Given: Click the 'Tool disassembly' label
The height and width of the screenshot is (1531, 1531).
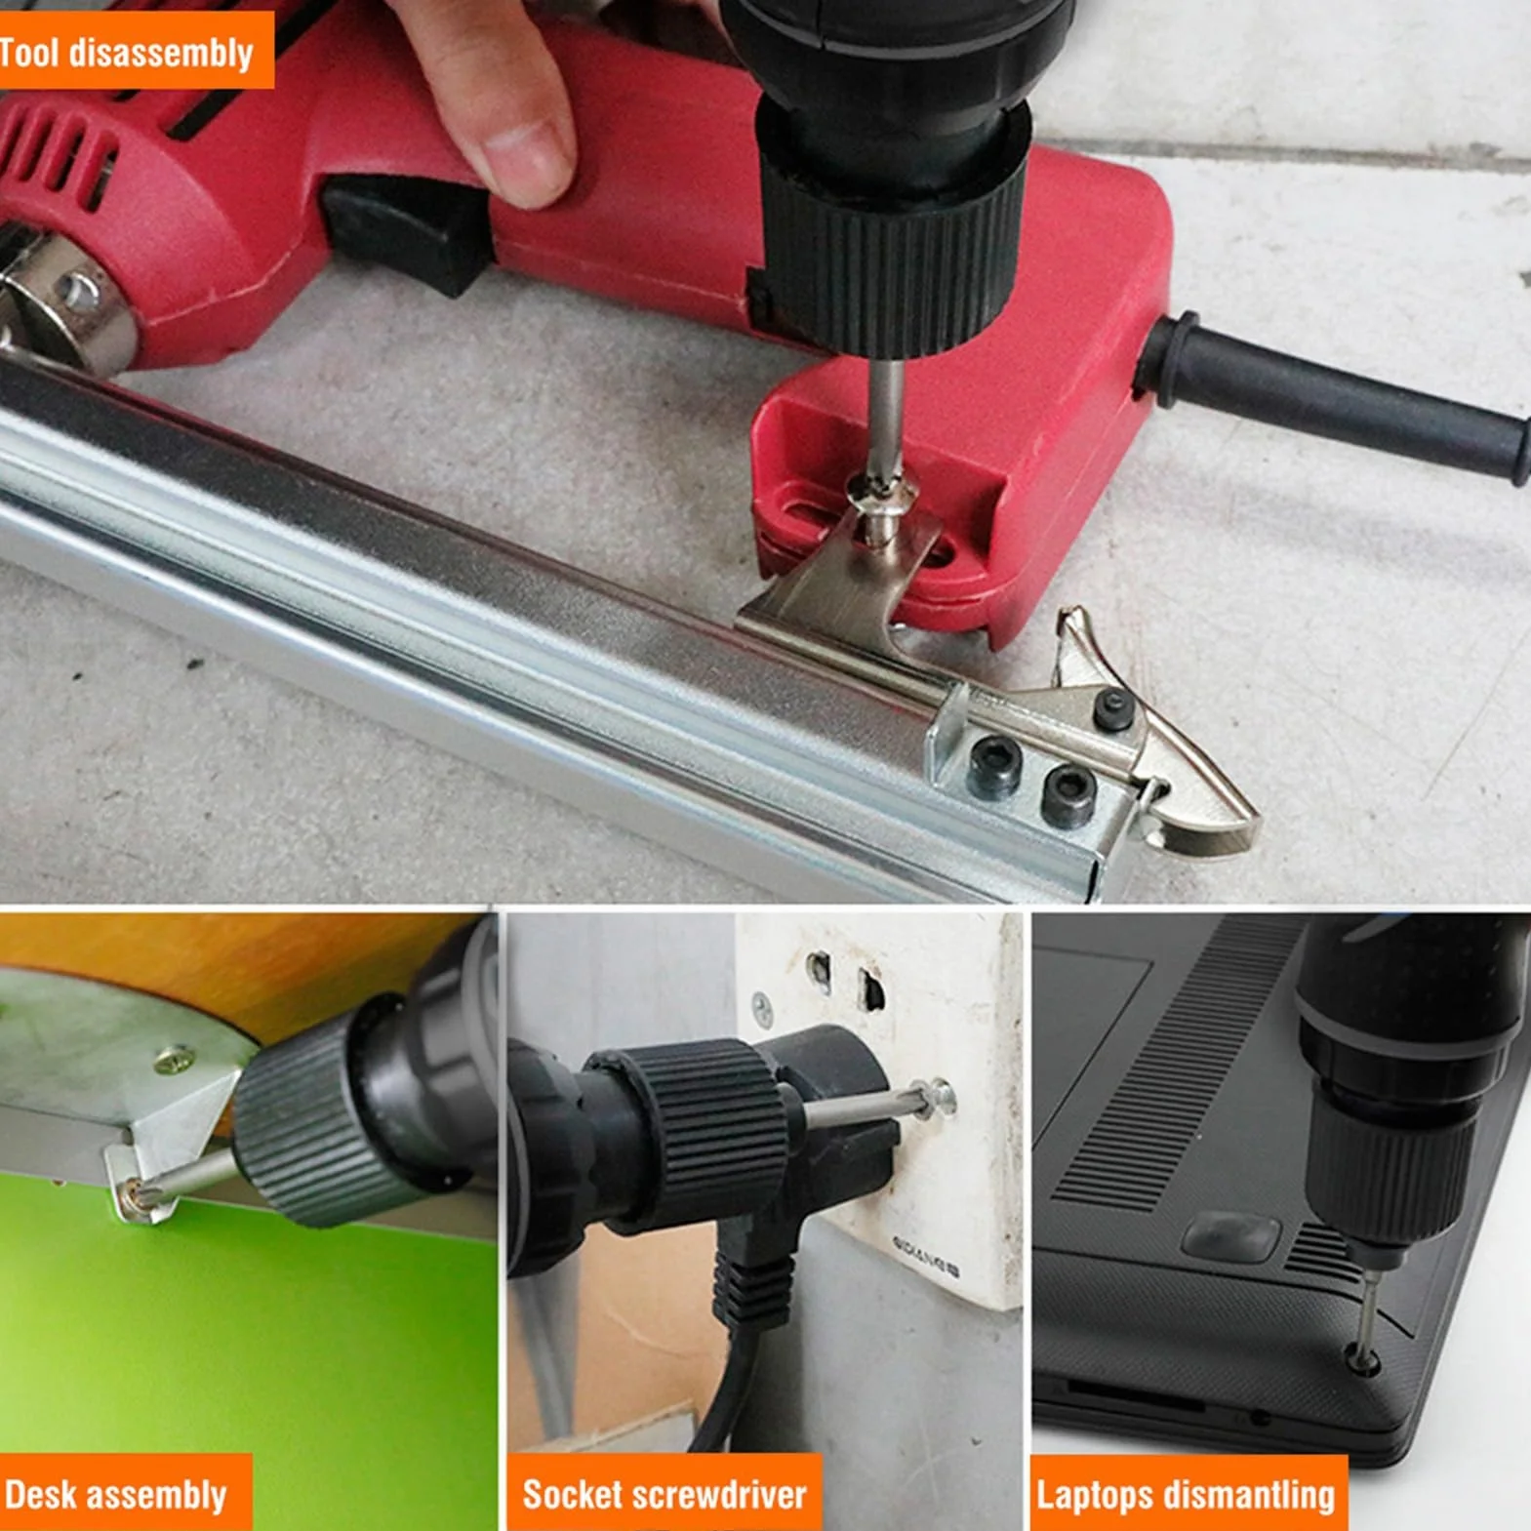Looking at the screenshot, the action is pos(127,53).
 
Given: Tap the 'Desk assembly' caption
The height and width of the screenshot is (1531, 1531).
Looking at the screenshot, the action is pos(115,1495).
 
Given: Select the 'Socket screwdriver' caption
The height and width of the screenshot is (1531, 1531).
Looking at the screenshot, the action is pos(665,1494).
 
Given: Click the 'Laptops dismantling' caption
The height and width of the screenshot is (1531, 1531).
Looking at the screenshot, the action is pos(1186,1495).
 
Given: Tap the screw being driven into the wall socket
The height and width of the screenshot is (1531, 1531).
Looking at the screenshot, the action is pos(938,1098).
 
